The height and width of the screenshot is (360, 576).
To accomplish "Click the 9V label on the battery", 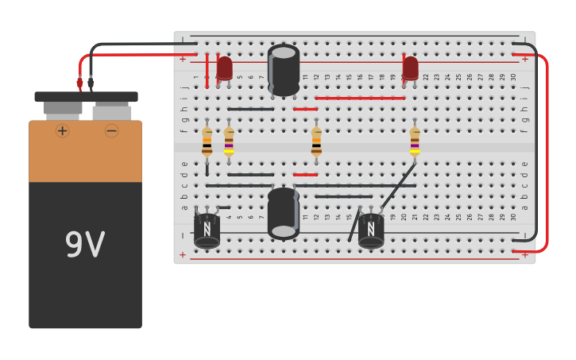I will pyautogui.click(x=84, y=246).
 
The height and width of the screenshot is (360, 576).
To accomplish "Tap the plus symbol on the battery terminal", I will pyautogui.click(x=62, y=130).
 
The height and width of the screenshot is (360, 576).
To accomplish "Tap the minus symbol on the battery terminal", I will pyautogui.click(x=112, y=130).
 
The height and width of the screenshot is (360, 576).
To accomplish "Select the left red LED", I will pyautogui.click(x=225, y=68).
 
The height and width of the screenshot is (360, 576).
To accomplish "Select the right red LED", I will pyautogui.click(x=410, y=68).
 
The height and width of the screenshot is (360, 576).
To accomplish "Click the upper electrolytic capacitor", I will pyautogui.click(x=284, y=70).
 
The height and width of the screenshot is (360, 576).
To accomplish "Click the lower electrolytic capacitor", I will pyautogui.click(x=284, y=213).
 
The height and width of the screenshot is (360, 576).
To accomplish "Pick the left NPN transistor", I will pyautogui.click(x=207, y=229).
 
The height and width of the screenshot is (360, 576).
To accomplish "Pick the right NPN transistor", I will pyautogui.click(x=371, y=229).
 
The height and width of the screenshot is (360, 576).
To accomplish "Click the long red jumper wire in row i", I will pyautogui.click(x=360, y=99).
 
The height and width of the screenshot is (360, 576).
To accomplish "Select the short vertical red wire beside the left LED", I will pyautogui.click(x=207, y=72).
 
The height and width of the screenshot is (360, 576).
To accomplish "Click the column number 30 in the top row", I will pyautogui.click(x=513, y=77).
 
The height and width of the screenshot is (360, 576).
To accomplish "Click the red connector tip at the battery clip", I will pyautogui.click(x=79, y=83).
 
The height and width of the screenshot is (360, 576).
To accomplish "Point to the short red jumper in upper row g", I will pyautogui.click(x=305, y=109).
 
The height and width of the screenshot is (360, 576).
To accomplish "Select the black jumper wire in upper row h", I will pyautogui.click(x=250, y=109).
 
